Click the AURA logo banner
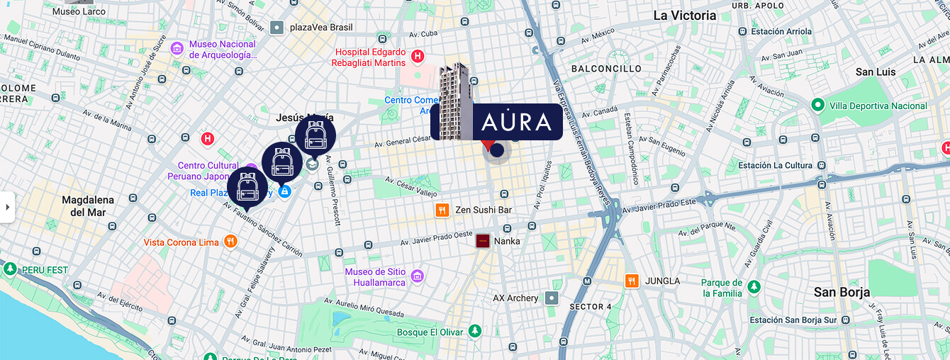coord(516,122)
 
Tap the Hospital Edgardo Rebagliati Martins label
coord(370,57)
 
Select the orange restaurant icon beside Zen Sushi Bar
coord(442,210)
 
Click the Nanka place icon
coord(483,241)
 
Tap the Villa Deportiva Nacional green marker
coord(817,106)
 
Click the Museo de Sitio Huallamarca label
coord(376,277)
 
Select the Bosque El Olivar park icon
coord(475,332)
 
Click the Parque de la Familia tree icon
coord(754,288)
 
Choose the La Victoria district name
coord(684,16)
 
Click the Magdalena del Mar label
coord(88,206)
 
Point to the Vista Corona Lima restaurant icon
coord(230,242)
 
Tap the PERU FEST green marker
coord(10,270)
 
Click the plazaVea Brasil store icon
coord(276,28)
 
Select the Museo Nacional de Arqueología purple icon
coord(177,50)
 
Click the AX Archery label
coord(515,298)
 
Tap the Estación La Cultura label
coord(775,165)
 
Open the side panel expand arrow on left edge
coord(7,207)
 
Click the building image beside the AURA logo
coord(454,101)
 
